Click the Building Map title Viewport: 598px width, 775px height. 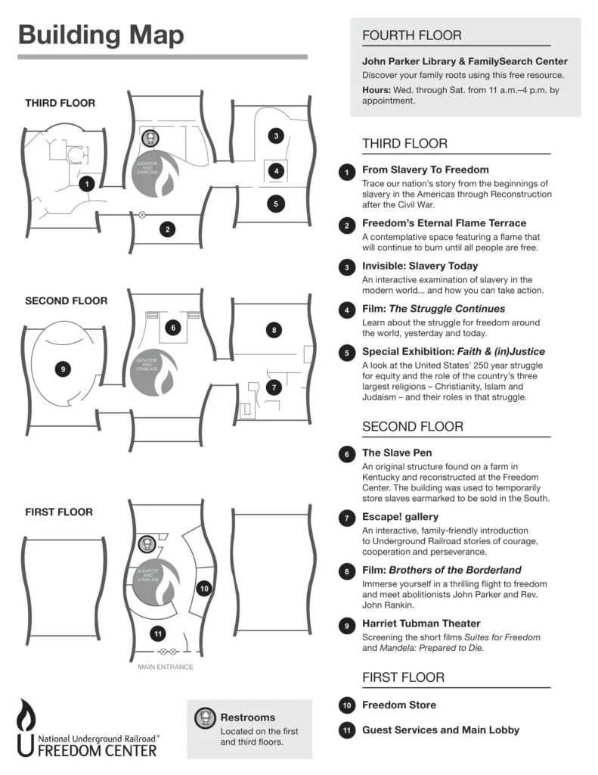coord(101,35)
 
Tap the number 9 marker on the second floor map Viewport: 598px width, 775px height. coord(64,369)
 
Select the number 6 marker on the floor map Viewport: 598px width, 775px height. coord(173,328)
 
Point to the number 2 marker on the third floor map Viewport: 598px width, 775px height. coord(168,229)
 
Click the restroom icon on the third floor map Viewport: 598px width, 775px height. coord(151,139)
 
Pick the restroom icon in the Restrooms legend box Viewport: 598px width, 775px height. coord(203,717)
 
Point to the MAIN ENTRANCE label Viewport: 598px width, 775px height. coord(165,668)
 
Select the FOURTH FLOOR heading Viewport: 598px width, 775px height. coord(411,36)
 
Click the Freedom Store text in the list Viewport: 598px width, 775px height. coord(398,705)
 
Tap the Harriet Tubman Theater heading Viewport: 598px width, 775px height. coord(421,624)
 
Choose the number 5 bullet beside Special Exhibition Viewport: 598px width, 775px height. coord(346,352)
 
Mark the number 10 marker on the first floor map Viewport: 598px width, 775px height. coord(203,588)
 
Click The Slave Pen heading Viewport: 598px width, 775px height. coord(397,453)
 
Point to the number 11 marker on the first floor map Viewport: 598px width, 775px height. coord(157,633)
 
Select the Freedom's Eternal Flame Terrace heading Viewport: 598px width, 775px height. coord(444,223)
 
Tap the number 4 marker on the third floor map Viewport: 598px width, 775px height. coord(277,171)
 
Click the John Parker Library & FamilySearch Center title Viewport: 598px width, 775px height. coord(464,61)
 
